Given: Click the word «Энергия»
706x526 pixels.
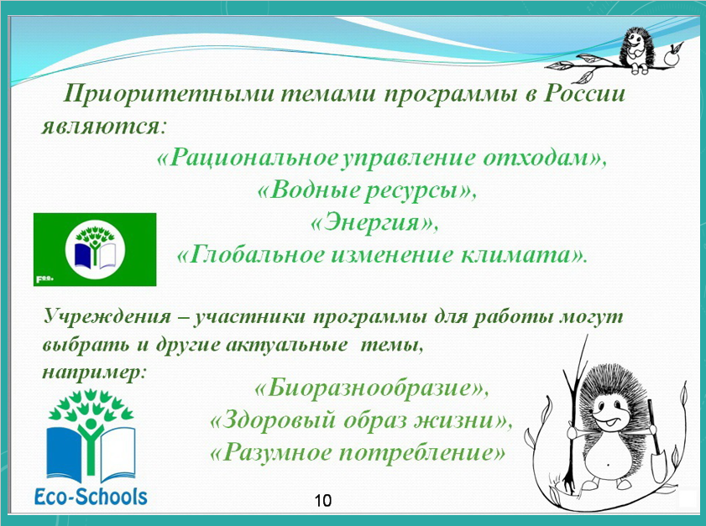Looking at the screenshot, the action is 374,222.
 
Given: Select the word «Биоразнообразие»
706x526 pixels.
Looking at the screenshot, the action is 371,388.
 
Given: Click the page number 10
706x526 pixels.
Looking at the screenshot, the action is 323,500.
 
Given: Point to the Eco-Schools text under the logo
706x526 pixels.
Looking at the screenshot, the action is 91,497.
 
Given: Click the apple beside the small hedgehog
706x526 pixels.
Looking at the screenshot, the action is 672,56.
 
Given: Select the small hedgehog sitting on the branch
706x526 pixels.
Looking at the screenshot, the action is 635,49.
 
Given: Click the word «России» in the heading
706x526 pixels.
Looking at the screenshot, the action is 584,94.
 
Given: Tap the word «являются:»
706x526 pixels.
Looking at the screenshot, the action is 104,126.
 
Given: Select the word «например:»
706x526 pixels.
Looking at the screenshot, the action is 95,373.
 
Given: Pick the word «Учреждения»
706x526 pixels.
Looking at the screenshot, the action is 107,317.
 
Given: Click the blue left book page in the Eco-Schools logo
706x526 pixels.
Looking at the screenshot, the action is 64,454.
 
